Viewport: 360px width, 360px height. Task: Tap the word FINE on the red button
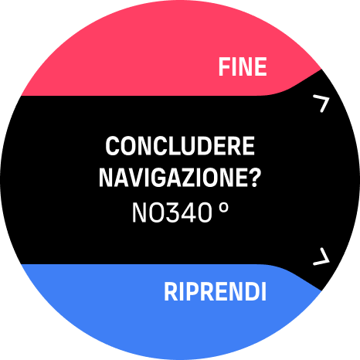(x=243, y=66)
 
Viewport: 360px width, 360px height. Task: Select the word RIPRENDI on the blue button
(x=215, y=292)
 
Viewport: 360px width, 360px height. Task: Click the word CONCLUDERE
(x=180, y=146)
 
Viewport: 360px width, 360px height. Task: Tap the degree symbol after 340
(x=224, y=208)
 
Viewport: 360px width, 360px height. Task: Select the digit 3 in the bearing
(x=172, y=212)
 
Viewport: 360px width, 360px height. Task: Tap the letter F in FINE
(x=224, y=66)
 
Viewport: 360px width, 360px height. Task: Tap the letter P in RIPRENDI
(x=186, y=292)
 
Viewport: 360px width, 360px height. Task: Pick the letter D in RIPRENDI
(x=252, y=292)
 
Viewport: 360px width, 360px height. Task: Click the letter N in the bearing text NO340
(x=140, y=212)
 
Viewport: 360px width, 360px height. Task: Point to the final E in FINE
(x=260, y=66)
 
